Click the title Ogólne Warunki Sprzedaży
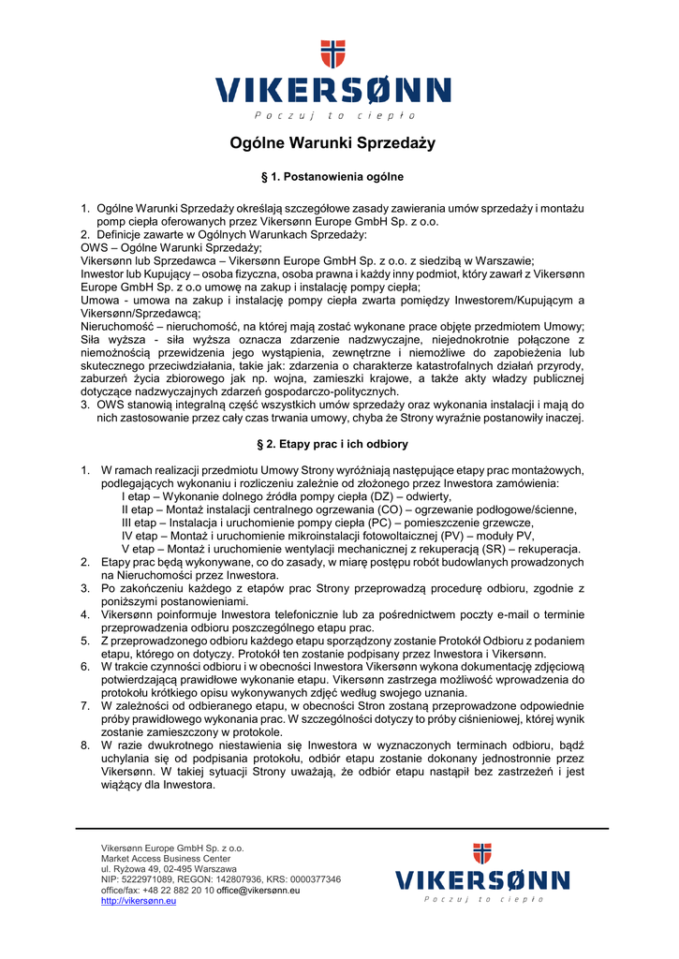coord(332,143)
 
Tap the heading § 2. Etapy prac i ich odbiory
coord(332,444)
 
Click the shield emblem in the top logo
coord(332,54)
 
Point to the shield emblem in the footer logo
coord(482,854)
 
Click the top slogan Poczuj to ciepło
coord(332,115)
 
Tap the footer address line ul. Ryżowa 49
coord(169,869)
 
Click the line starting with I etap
coord(287,496)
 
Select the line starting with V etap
coord(351,549)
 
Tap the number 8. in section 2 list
coord(85,745)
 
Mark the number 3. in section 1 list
coord(85,405)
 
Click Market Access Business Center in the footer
coord(166,859)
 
